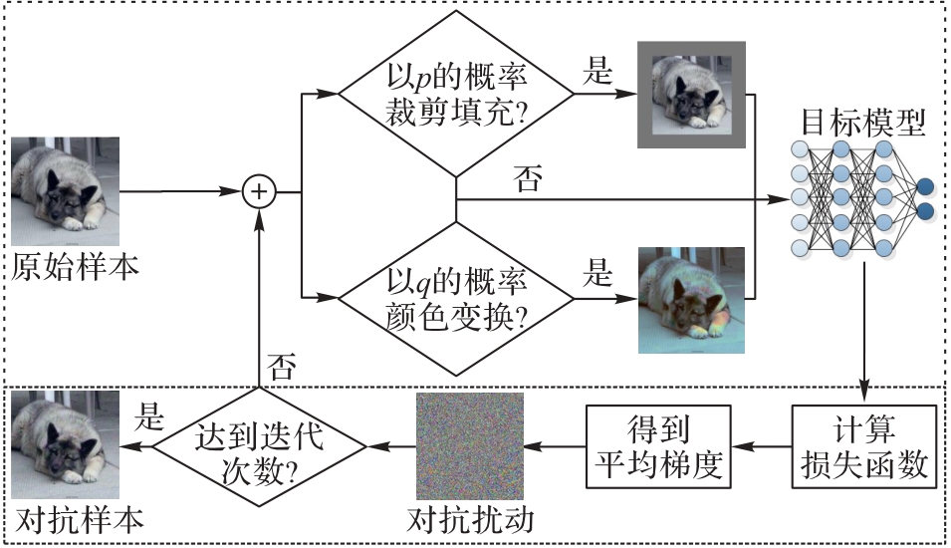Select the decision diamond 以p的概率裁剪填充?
click(x=456, y=96)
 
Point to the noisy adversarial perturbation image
click(x=469, y=445)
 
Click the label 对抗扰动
click(x=470, y=521)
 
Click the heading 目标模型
click(x=863, y=123)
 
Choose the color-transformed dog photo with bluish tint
click(x=691, y=300)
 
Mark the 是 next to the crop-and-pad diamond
click(x=596, y=72)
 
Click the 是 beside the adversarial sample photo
click(x=150, y=419)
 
